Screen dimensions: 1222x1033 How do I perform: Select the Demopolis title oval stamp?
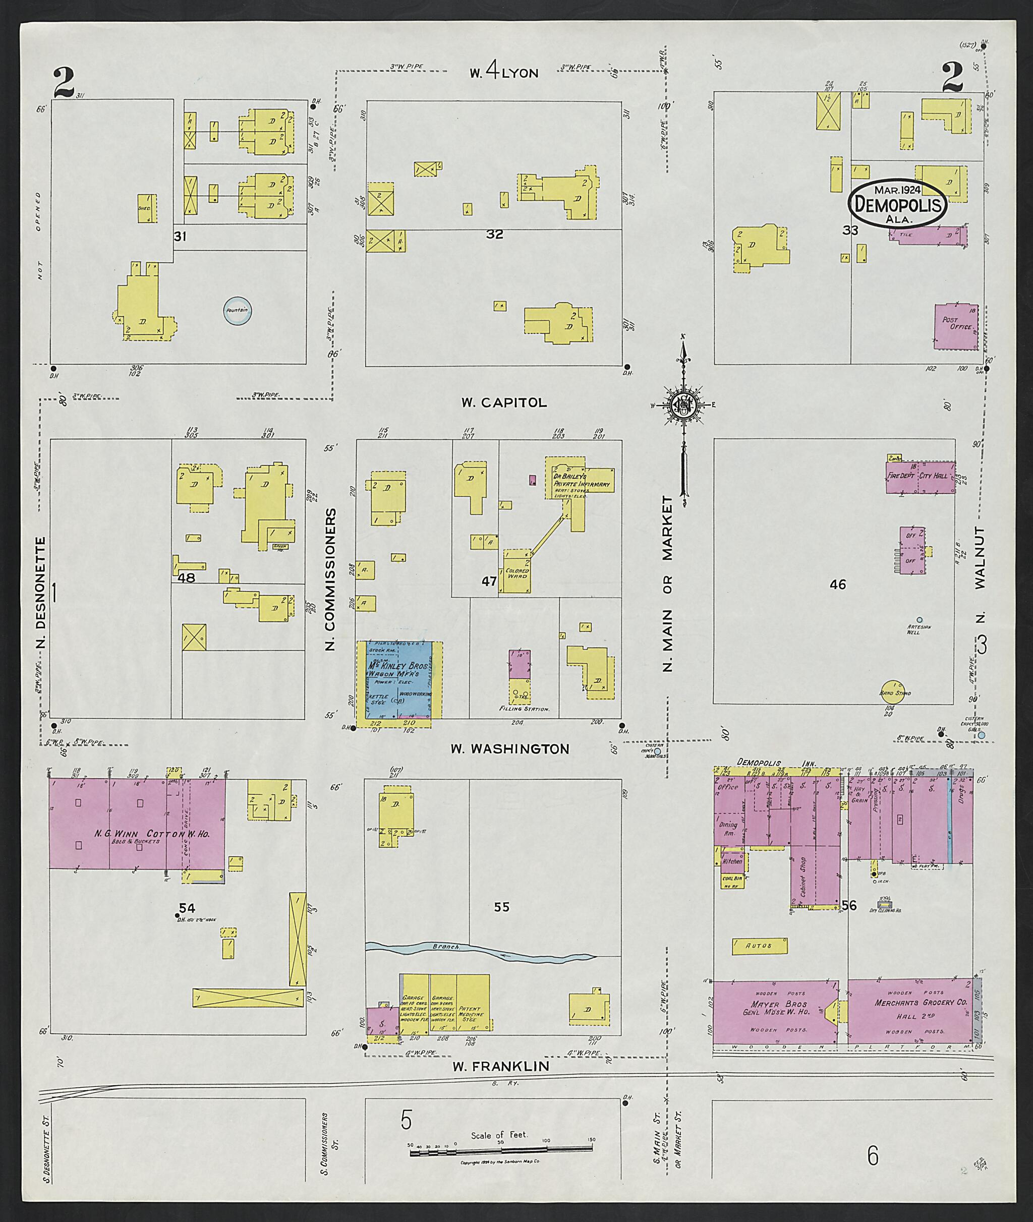[898, 203]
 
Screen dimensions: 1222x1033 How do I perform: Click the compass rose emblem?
[683, 404]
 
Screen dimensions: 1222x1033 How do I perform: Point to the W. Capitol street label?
[503, 403]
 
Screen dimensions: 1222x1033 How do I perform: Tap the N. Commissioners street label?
[331, 579]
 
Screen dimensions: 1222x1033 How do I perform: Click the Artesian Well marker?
[920, 619]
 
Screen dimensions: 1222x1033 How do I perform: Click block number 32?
[494, 234]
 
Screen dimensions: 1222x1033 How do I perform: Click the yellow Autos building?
[760, 946]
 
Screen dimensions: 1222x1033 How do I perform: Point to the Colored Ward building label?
[517, 573]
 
